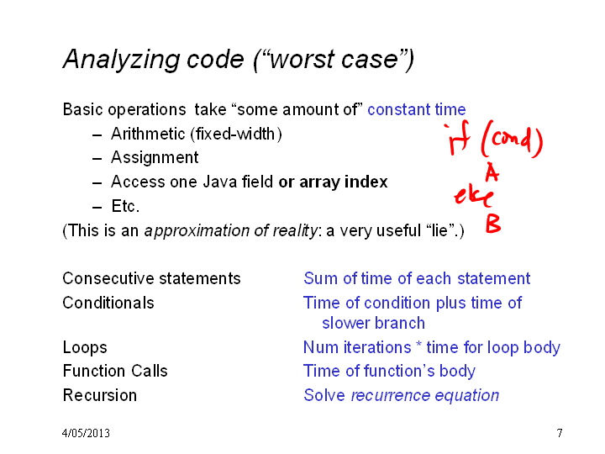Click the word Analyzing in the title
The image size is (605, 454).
click(122, 60)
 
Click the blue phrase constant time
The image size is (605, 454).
click(417, 109)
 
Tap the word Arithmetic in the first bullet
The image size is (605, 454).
click(148, 134)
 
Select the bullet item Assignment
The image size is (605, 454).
click(155, 157)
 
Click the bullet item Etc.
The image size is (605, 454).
click(125, 206)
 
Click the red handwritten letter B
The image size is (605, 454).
click(493, 224)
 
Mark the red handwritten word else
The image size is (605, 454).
click(473, 197)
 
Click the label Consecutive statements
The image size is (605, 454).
click(151, 278)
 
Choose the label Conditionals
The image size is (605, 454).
click(108, 303)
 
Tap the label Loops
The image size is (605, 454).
click(85, 347)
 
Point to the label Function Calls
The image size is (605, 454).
click(115, 371)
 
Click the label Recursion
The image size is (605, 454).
click(100, 395)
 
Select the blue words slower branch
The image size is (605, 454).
click(373, 323)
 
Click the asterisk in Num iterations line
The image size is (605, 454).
click(418, 344)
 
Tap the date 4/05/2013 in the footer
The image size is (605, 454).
click(86, 433)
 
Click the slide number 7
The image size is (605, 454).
click(560, 433)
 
